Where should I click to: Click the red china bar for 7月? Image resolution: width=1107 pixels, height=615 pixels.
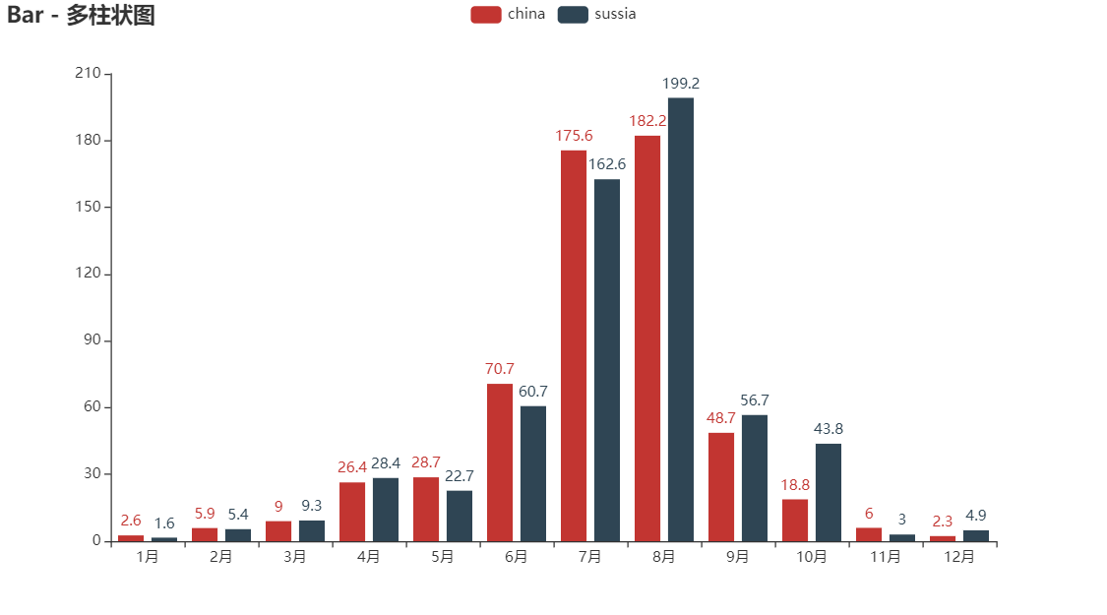click(x=574, y=344)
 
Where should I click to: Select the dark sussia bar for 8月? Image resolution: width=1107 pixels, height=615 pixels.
click(x=680, y=319)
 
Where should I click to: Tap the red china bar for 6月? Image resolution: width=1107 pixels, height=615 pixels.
click(x=500, y=462)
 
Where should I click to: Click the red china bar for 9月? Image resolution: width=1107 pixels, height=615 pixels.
click(x=721, y=486)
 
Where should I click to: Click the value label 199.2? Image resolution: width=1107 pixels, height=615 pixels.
click(x=681, y=84)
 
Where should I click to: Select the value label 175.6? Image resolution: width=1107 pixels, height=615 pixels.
click(x=574, y=136)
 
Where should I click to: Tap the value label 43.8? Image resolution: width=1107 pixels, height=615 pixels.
click(x=828, y=429)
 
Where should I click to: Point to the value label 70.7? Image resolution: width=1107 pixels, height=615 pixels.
click(x=500, y=369)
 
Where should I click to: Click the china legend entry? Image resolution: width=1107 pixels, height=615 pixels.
click(x=508, y=14)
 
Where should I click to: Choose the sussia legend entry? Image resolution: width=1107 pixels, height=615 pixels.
click(x=596, y=14)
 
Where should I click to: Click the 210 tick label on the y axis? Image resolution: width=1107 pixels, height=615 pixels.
click(x=89, y=74)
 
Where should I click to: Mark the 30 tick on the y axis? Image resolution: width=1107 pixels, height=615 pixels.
click(x=92, y=473)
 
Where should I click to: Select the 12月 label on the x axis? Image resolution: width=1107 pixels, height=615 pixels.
click(x=959, y=557)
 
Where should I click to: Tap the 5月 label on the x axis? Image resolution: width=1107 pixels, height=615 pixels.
click(x=443, y=557)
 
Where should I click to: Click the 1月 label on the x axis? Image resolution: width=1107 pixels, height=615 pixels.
click(x=148, y=557)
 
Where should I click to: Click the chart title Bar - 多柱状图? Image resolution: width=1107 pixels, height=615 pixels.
click(x=81, y=16)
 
